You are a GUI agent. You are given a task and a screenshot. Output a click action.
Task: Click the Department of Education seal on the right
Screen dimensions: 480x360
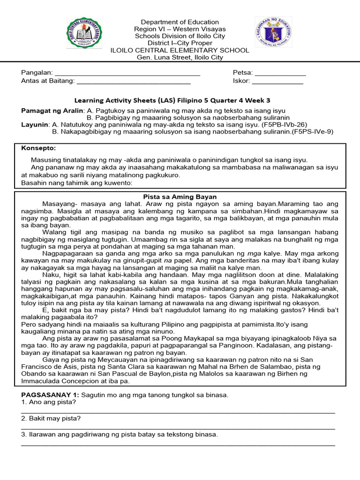[x=273, y=36]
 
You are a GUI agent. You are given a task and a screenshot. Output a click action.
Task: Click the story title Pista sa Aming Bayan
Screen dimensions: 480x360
[x=180, y=196]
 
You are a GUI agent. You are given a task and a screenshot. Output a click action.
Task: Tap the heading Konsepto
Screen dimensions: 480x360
[x=38, y=148]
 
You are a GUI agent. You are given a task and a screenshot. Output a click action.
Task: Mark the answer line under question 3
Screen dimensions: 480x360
[x=178, y=444]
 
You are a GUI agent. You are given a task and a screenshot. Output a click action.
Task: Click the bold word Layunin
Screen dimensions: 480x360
[x=35, y=125]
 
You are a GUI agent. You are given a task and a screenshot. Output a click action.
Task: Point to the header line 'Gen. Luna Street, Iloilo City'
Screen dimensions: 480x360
[x=180, y=57]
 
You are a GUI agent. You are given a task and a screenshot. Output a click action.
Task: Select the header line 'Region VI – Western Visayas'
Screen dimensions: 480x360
[x=180, y=29]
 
